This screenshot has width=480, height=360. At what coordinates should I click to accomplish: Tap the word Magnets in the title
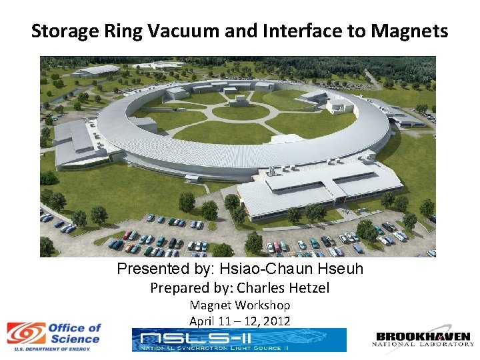pyautogui.click(x=414, y=31)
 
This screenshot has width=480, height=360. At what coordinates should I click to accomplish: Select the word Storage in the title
pyautogui.click(x=60, y=31)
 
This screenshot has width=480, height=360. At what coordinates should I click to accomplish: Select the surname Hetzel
pyautogui.click(x=305, y=288)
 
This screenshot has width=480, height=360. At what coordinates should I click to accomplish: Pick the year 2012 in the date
pyautogui.click(x=276, y=321)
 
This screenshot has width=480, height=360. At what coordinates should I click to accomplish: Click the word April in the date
pyautogui.click(x=202, y=321)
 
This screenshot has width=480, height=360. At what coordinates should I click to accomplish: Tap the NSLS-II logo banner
pyautogui.click(x=239, y=340)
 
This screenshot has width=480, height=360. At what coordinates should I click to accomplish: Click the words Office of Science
pyautogui.click(x=74, y=333)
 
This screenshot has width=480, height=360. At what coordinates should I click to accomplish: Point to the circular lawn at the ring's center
pyautogui.click(x=240, y=112)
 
